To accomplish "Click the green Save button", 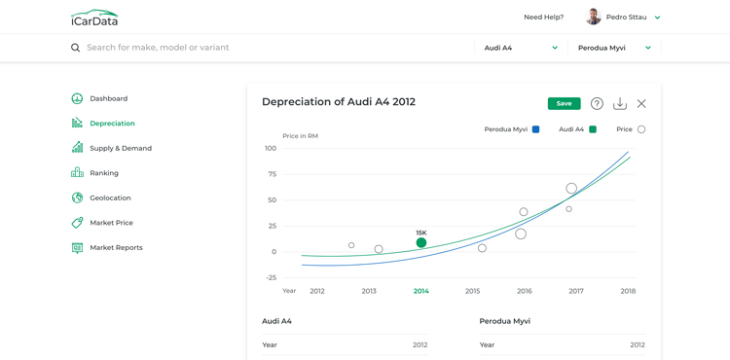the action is click(x=564, y=104).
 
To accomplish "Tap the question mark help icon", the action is click(x=597, y=104).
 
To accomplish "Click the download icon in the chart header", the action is click(x=620, y=104).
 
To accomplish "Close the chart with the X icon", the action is click(x=641, y=104).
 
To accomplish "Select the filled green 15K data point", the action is click(x=421, y=242).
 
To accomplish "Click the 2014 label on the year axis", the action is click(x=420, y=291).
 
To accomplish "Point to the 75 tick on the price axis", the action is click(x=272, y=174).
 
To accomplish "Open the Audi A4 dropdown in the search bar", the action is click(x=521, y=48).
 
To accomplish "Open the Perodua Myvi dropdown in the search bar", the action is click(x=614, y=48).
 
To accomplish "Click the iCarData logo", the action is click(x=94, y=18).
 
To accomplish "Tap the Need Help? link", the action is click(x=544, y=18).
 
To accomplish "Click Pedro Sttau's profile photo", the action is click(x=593, y=18).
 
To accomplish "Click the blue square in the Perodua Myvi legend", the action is click(x=535, y=129).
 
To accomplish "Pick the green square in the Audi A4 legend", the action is click(x=593, y=129).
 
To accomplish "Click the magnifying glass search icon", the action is click(x=75, y=48).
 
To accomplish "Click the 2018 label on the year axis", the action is click(x=628, y=291).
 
